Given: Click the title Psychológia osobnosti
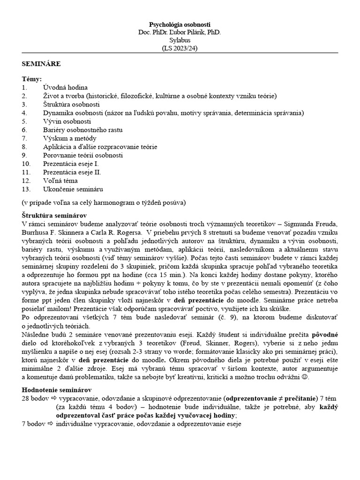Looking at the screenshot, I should click(x=180, y=24).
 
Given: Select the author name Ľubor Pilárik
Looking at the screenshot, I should click(x=190, y=32).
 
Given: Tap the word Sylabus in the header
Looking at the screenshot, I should click(x=180, y=40).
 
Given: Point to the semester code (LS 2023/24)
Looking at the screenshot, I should click(x=180, y=48).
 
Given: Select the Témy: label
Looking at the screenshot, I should click(x=32, y=79).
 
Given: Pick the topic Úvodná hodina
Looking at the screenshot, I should click(x=65, y=88).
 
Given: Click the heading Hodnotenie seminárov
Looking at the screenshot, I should click(x=57, y=390).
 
